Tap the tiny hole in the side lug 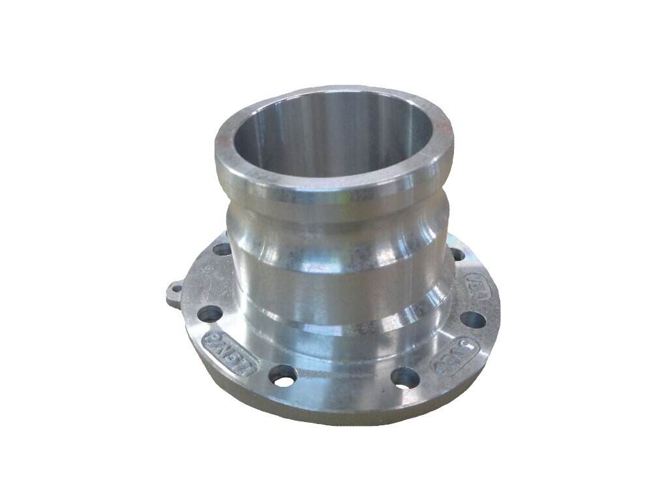[175, 289]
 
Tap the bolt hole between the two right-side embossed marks [472, 320]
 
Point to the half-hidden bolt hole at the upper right [458, 254]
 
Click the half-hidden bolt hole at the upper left [222, 249]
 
